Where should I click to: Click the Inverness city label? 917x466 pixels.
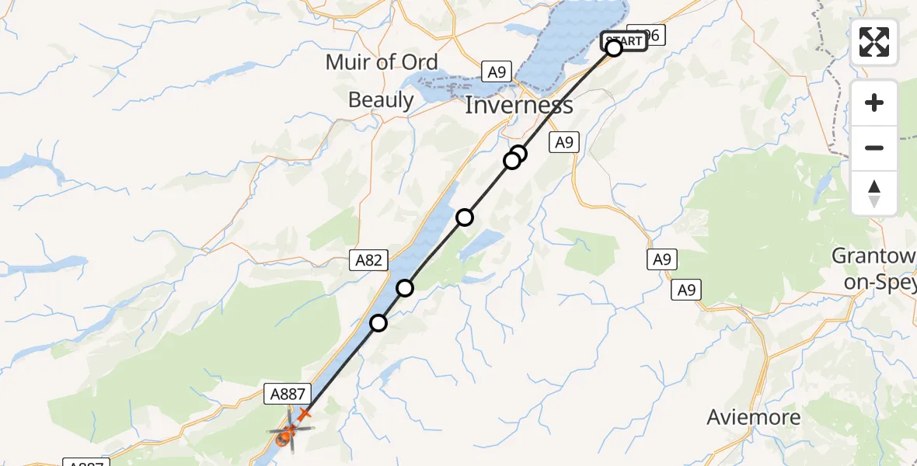518,105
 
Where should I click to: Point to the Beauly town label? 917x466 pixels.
381,99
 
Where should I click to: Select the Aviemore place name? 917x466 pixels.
753,417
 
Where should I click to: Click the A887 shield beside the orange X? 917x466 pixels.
289,394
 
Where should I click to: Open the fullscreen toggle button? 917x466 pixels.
874,42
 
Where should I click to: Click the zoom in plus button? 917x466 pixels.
874,103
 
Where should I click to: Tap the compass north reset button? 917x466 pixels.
874,193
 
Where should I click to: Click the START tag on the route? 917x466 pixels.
624,40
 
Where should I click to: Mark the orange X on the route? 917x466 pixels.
304,415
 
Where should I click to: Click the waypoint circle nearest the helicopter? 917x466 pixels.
378,322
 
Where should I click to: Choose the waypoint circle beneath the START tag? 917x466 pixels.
614,49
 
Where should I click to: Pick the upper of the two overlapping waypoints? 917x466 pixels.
519,154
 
